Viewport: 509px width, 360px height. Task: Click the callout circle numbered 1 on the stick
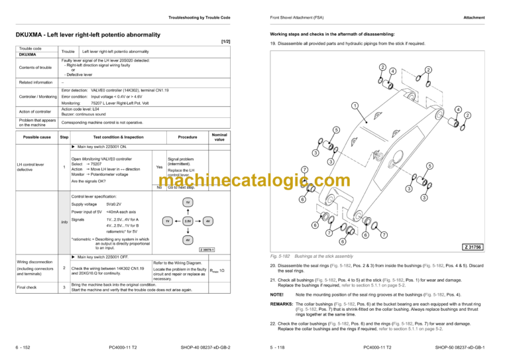pos(355,105)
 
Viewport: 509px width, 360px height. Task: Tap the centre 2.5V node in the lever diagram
pos(188,221)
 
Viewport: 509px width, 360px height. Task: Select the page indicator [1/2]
pos(225,42)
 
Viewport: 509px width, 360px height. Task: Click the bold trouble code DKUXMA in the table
pos(28,55)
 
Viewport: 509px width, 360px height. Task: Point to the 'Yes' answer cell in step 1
pos(158,167)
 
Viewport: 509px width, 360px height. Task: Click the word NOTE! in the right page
pos(278,294)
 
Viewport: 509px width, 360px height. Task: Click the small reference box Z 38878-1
pos(207,249)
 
